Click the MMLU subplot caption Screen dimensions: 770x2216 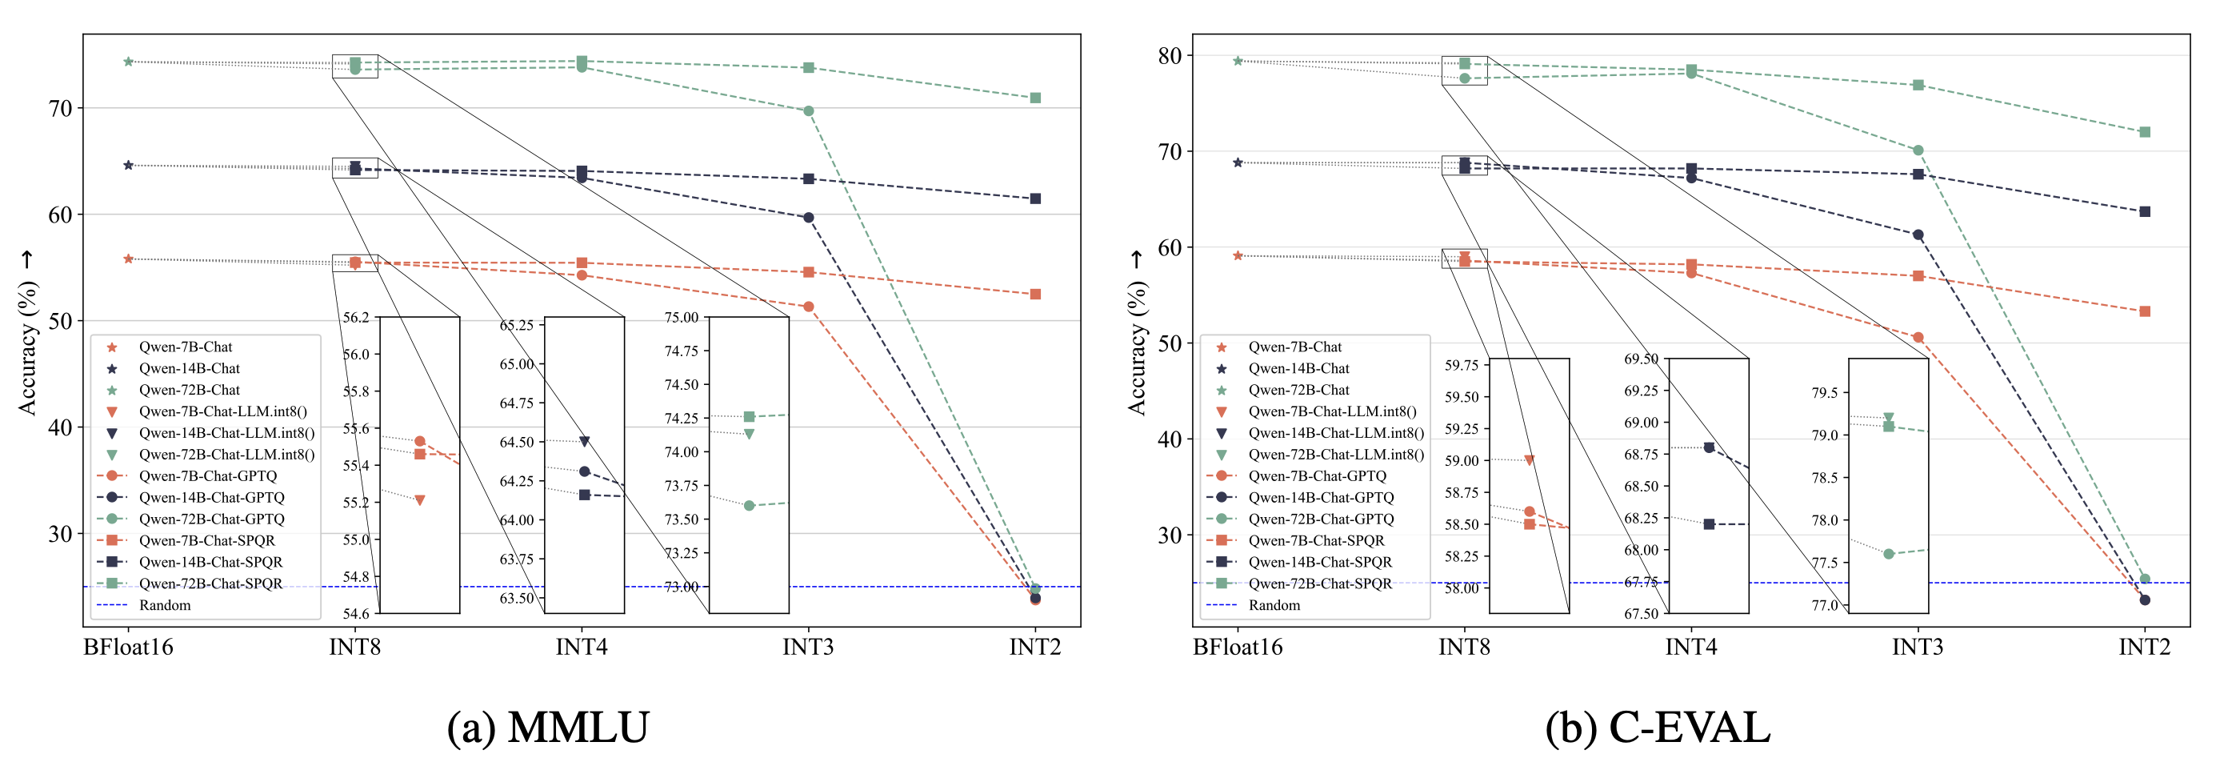pyautogui.click(x=548, y=728)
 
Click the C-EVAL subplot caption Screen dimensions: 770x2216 pyautogui.click(x=1657, y=728)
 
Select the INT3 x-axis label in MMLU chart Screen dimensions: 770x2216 pyautogui.click(x=808, y=647)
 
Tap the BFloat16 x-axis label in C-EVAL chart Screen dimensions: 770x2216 pyautogui.click(x=1237, y=647)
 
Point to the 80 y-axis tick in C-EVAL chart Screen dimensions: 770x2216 pyautogui.click(x=1170, y=56)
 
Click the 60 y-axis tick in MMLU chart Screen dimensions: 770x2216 pyautogui.click(x=60, y=215)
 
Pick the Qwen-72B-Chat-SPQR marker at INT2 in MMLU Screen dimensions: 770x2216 pyautogui.click(x=1035, y=98)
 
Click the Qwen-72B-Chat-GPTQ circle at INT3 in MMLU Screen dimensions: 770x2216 pyautogui.click(x=809, y=111)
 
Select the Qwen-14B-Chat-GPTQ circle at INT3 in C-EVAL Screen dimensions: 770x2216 pyautogui.click(x=1918, y=235)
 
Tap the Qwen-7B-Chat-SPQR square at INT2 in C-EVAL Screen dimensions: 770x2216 pyautogui.click(x=2145, y=311)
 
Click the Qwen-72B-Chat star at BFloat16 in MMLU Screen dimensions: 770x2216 pyautogui.click(x=128, y=62)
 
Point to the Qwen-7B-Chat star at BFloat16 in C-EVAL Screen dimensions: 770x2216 pyautogui.click(x=1237, y=255)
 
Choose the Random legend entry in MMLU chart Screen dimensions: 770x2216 pyautogui.click(x=164, y=605)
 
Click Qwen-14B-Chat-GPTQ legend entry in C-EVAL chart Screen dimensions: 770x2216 pyautogui.click(x=1320, y=497)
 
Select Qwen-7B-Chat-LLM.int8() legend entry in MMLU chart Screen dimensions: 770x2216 pyautogui.click(x=222, y=411)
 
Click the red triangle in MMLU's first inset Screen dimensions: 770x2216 pyautogui.click(x=420, y=499)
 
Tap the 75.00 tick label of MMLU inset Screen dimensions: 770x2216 pyautogui.click(x=682, y=318)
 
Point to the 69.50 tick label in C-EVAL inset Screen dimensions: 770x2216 pyautogui.click(x=1641, y=359)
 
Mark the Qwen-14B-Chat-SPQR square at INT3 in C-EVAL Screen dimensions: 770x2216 pyautogui.click(x=1918, y=174)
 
